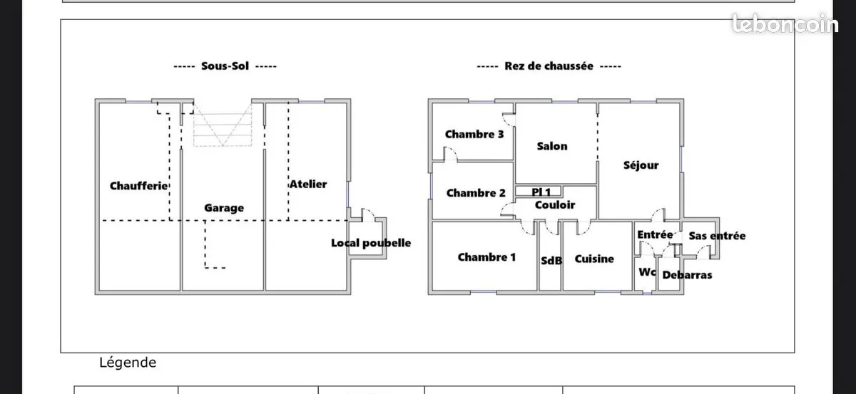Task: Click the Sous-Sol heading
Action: pyautogui.click(x=225, y=66)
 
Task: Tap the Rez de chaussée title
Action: pyautogui.click(x=549, y=66)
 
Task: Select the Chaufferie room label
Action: pyautogui.click(x=138, y=186)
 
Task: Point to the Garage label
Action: pyautogui.click(x=224, y=208)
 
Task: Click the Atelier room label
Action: pyautogui.click(x=308, y=185)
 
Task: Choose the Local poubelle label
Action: pyautogui.click(x=371, y=243)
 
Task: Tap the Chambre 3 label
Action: pyautogui.click(x=474, y=135)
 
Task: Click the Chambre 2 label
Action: pyautogui.click(x=476, y=193)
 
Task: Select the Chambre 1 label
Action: pyautogui.click(x=486, y=257)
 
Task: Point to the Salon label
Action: pyautogui.click(x=552, y=146)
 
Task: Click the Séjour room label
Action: pyautogui.click(x=641, y=165)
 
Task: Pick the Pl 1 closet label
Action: pyautogui.click(x=541, y=192)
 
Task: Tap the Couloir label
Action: pyautogui.click(x=555, y=205)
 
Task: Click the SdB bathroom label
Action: pyautogui.click(x=551, y=261)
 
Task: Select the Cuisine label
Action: pyautogui.click(x=594, y=259)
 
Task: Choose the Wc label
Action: pyautogui.click(x=648, y=272)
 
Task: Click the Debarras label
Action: pyautogui.click(x=687, y=275)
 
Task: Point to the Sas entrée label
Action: pyautogui.click(x=717, y=236)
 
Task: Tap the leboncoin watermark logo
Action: pyautogui.click(x=785, y=24)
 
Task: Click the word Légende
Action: pyautogui.click(x=128, y=363)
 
